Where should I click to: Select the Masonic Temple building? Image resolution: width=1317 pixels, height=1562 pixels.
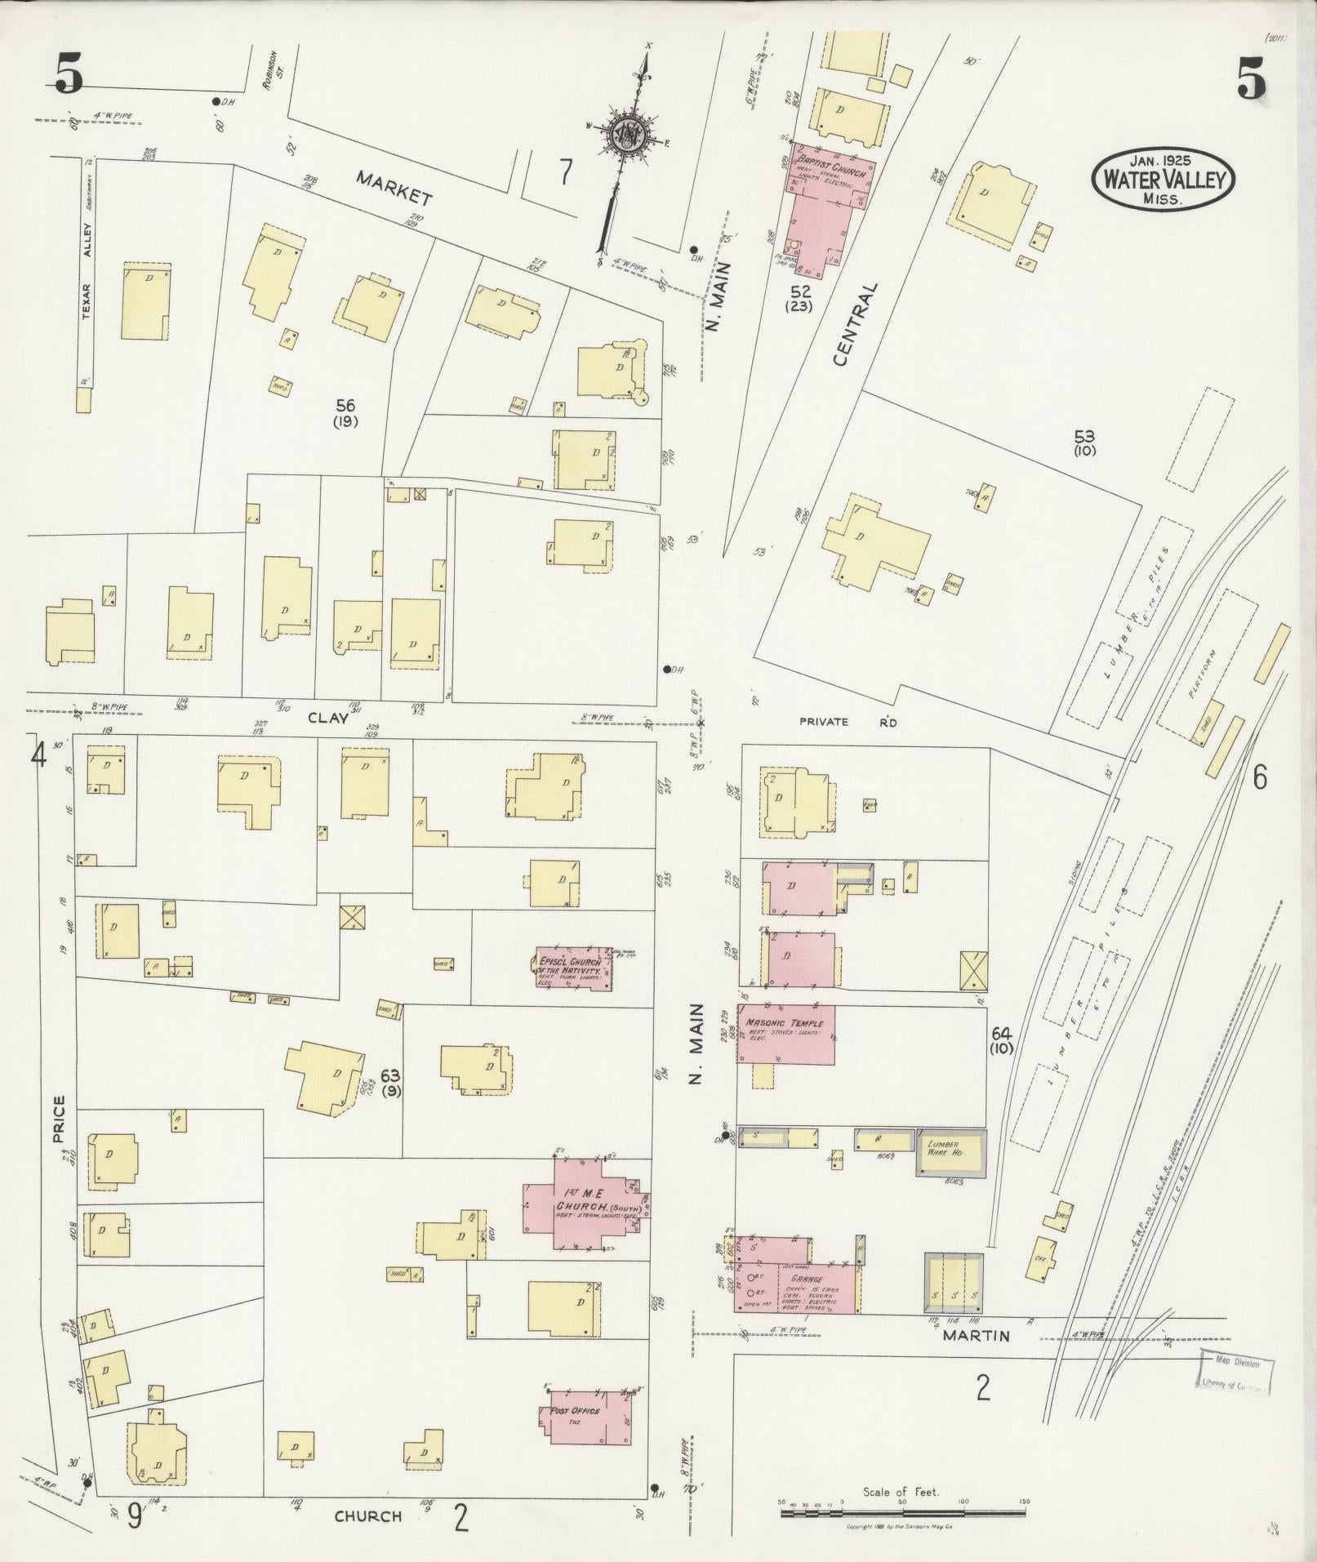[x=785, y=1034]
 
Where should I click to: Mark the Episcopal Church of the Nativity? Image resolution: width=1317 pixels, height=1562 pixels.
[x=572, y=968]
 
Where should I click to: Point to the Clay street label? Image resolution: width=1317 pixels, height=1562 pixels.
[x=328, y=718]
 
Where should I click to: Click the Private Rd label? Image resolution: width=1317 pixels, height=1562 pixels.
[x=848, y=722]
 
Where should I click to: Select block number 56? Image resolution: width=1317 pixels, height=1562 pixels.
[x=345, y=405]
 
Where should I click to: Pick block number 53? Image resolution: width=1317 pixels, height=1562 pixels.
[x=1084, y=438]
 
